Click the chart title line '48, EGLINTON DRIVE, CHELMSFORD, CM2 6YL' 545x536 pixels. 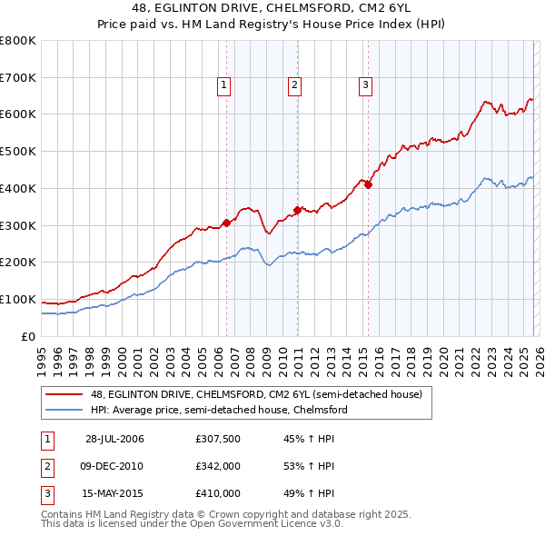[x=272, y=9]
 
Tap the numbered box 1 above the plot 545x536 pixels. [x=223, y=86]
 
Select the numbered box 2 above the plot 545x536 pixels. [x=295, y=86]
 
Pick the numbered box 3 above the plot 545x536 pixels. [x=365, y=86]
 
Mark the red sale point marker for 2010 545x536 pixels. [x=297, y=209]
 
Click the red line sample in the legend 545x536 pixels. [x=64, y=395]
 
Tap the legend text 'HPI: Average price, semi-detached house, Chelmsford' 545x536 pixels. [x=219, y=411]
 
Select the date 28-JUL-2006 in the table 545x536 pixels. [x=114, y=439]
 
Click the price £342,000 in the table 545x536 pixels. [x=217, y=466]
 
